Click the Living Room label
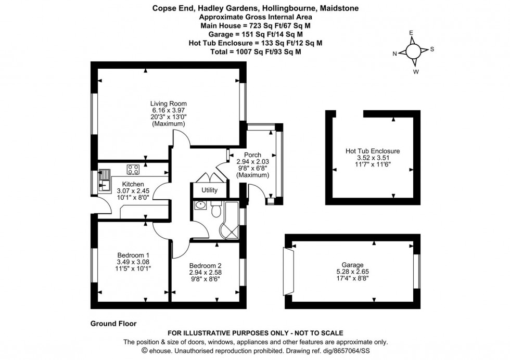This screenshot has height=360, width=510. point(168,104)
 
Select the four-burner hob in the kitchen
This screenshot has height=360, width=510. point(134,169)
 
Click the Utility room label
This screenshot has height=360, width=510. point(209,191)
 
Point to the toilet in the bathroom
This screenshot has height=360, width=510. point(216,210)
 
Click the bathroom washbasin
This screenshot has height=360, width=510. point(200,206)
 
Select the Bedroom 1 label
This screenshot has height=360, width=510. point(130,255)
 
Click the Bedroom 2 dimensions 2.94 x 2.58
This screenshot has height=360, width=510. point(206,272)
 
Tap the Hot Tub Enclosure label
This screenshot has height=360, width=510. point(373,151)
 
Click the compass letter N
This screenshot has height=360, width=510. point(395,54)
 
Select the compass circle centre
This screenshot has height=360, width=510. point(413,52)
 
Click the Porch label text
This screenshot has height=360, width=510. point(252,155)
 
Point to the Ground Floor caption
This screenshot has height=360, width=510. point(113,323)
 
